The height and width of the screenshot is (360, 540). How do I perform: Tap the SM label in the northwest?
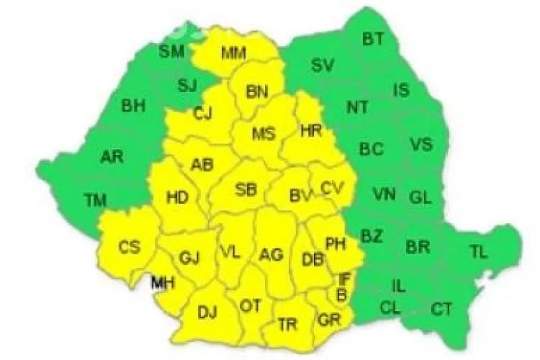[x=171, y=50]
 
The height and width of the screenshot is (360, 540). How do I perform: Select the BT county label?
[x=373, y=40]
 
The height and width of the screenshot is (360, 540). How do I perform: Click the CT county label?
[x=441, y=310]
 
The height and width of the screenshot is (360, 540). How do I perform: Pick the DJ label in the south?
[x=207, y=312]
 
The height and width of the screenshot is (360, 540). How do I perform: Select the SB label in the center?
[x=246, y=190]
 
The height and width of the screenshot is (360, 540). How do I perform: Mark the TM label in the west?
[x=95, y=200]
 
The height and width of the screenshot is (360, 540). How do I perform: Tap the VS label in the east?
[x=421, y=144]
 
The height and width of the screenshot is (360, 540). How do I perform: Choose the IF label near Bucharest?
[x=343, y=277]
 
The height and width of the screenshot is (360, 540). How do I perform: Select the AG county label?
[x=271, y=254]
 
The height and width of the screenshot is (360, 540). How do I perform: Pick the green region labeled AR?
[x=111, y=156]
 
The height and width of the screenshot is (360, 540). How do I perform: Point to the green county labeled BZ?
[x=372, y=235]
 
